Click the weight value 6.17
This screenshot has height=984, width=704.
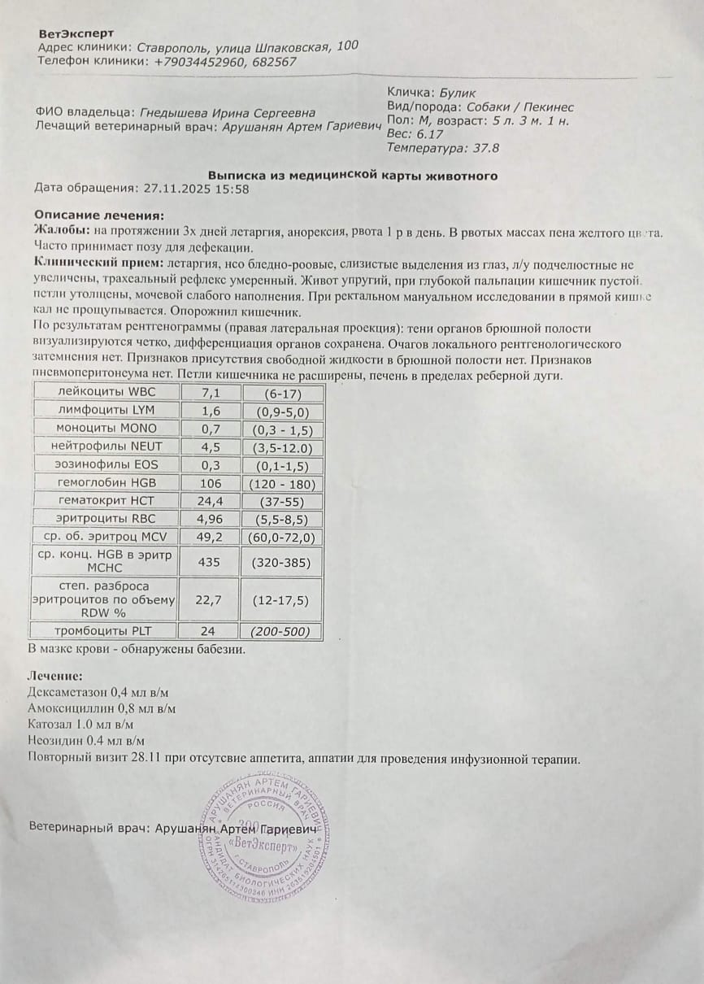[429, 134]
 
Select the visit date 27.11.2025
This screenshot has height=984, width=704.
[175, 189]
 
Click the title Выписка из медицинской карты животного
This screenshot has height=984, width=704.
[353, 176]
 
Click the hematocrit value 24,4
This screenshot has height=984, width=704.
[211, 501]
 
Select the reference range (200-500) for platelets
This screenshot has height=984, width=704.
[285, 631]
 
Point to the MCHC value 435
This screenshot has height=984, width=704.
[211, 561]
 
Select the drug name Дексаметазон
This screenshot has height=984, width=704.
[68, 693]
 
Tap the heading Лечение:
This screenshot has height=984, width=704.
[54, 676]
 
